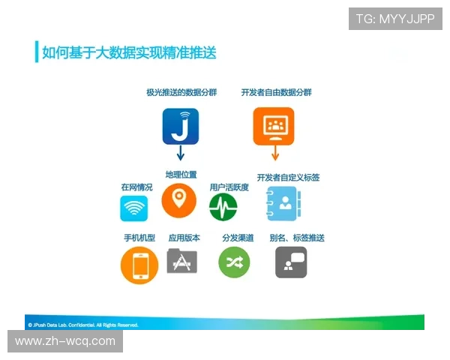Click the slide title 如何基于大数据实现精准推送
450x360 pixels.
click(129, 52)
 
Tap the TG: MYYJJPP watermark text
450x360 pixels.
click(395, 19)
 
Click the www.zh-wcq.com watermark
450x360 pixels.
click(65, 341)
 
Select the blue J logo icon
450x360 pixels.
click(180, 126)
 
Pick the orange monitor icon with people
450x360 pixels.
click(274, 125)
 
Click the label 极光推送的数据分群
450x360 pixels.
click(181, 92)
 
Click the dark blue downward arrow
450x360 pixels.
click(180, 154)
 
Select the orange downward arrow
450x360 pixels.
click(275, 153)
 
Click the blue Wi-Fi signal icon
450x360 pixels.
click(134, 208)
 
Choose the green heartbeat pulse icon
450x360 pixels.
click(223, 207)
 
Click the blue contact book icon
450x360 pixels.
click(283, 203)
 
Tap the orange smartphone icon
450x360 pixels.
click(139, 265)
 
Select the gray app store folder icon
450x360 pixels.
click(181, 262)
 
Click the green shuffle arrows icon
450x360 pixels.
click(233, 262)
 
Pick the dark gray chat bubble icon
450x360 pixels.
click(291, 262)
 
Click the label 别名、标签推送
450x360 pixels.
click(296, 238)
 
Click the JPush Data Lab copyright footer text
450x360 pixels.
click(82, 325)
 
